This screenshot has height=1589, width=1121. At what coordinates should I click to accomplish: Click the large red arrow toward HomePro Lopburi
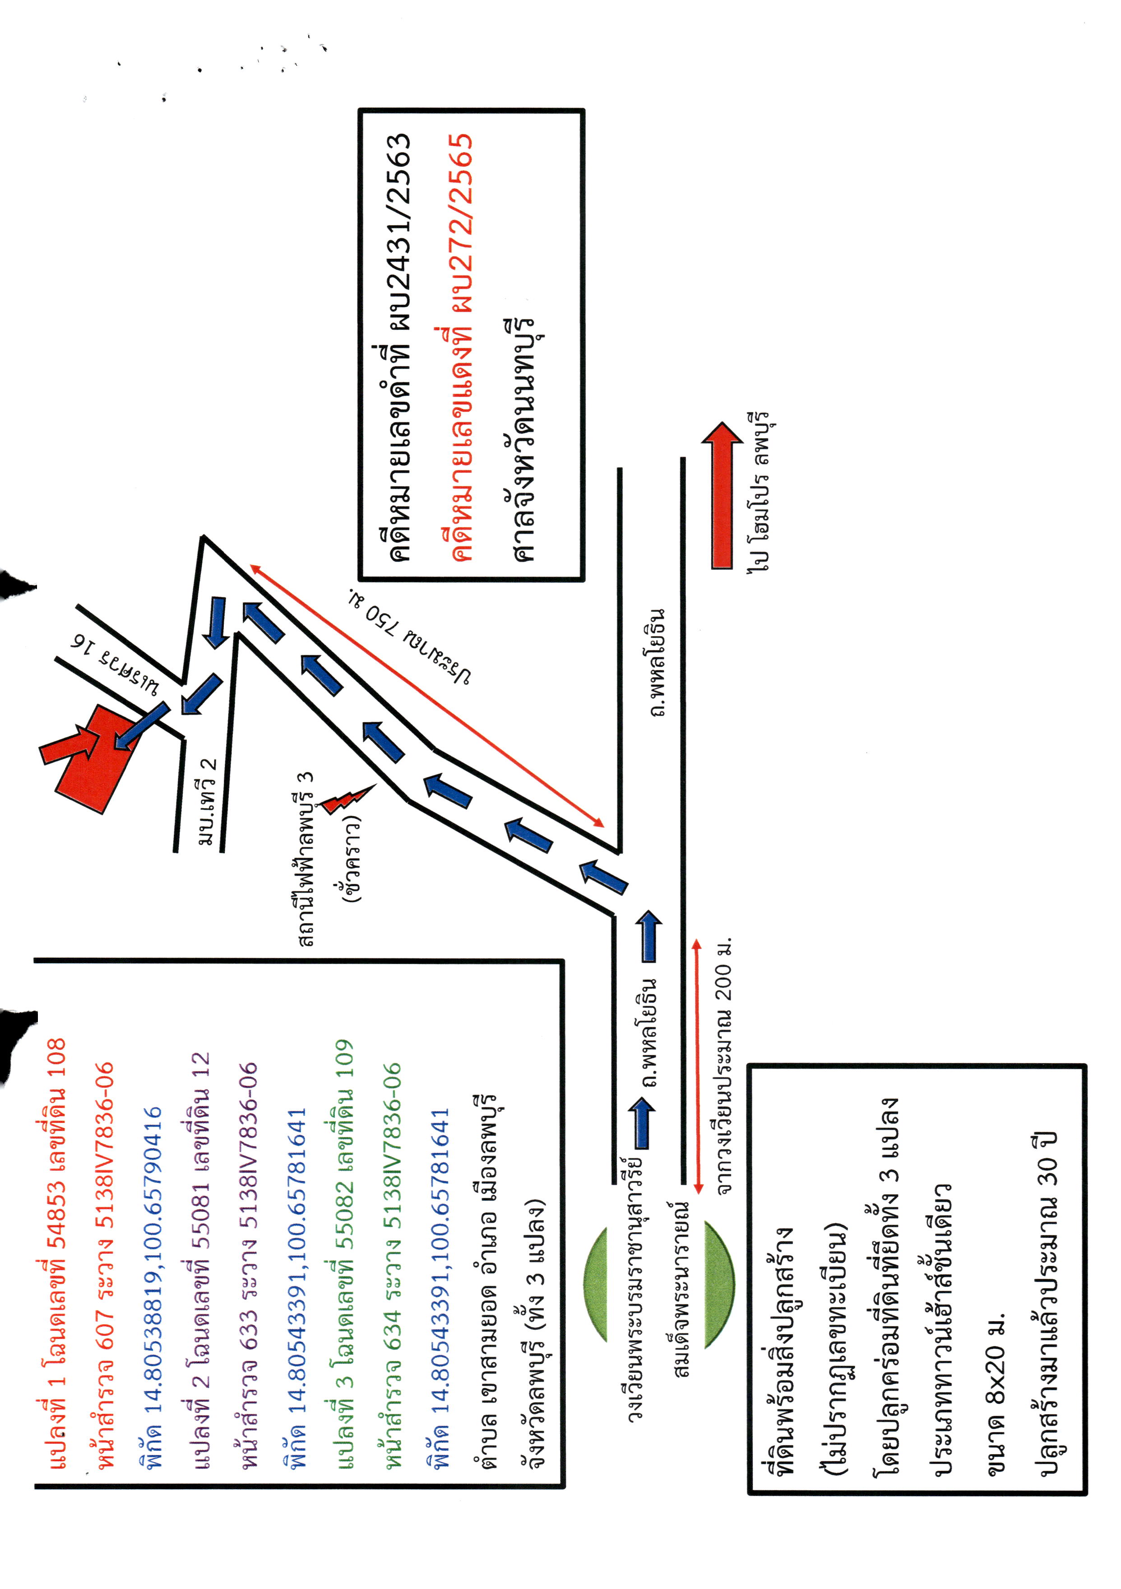(x=722, y=495)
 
